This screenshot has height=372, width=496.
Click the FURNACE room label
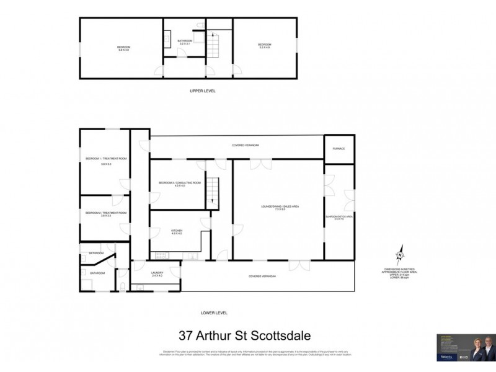(339, 149)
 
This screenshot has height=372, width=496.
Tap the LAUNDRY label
(156, 273)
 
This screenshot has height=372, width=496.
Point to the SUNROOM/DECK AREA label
(339, 216)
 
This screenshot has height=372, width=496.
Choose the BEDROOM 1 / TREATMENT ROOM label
(106, 160)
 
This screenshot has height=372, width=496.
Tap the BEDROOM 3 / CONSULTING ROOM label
(180, 184)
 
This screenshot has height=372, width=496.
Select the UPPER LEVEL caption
(202, 91)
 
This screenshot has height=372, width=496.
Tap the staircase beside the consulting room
(213, 188)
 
